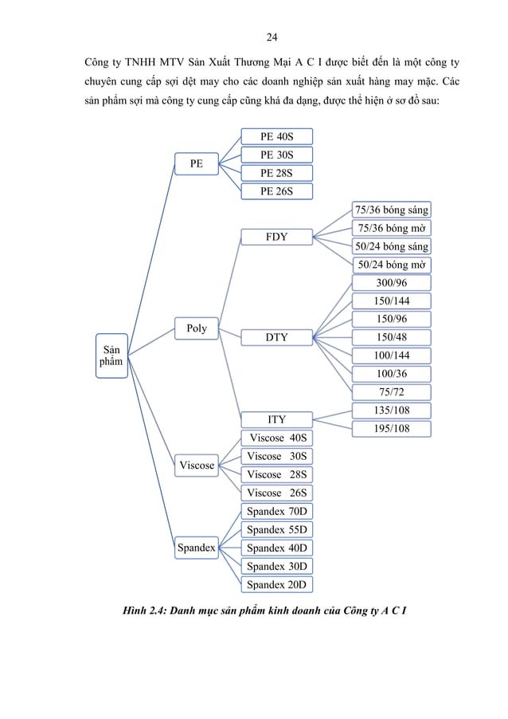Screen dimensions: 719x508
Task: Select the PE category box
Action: [x=196, y=163]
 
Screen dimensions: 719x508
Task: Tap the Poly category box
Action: [x=196, y=328]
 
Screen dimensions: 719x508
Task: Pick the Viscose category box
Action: [x=196, y=465]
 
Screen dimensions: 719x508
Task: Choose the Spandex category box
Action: [x=196, y=548]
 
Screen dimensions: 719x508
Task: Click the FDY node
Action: [x=276, y=237]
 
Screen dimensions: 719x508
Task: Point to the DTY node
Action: [x=276, y=338]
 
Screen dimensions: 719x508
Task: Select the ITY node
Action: [x=276, y=418]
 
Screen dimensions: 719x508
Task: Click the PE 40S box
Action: [x=277, y=136]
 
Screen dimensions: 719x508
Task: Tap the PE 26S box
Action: [x=277, y=191]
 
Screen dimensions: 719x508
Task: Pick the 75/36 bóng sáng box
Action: [x=391, y=210]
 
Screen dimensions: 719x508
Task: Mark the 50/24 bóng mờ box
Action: [x=391, y=265]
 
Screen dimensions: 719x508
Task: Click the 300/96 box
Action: [x=391, y=282]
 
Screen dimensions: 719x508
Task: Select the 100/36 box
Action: [x=391, y=373]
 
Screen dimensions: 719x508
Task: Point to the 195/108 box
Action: [x=391, y=428]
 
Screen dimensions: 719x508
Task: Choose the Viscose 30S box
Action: [x=277, y=456]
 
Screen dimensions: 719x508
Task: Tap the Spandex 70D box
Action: [x=277, y=512]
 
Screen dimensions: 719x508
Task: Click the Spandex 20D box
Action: [x=277, y=584]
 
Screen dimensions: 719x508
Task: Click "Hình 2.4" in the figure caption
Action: [x=140, y=612]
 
